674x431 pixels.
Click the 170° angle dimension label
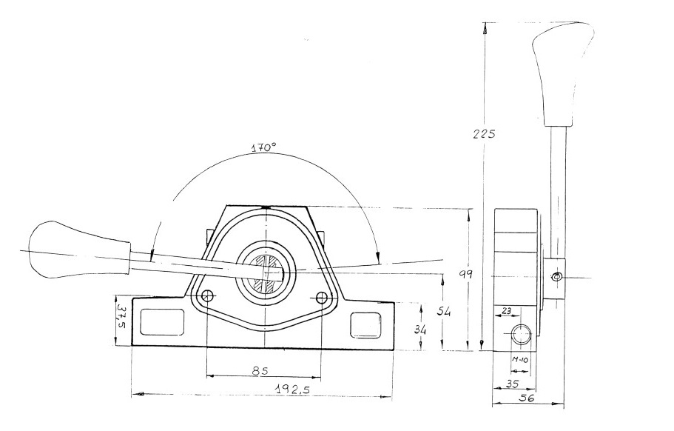click(263, 147)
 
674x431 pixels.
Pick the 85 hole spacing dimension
click(260, 370)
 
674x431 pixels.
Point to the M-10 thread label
click(520, 361)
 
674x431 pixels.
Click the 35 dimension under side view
click(510, 384)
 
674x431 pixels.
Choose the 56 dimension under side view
click(528, 398)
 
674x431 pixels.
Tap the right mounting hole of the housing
click(321, 298)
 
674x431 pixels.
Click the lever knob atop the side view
click(563, 74)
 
